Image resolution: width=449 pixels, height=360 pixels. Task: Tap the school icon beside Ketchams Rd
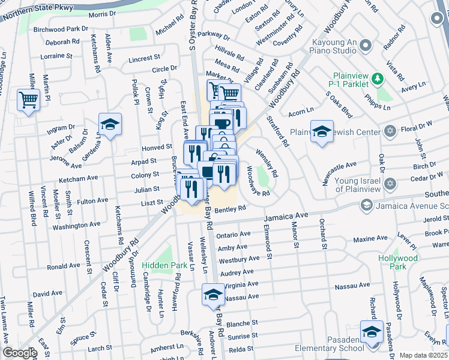110,125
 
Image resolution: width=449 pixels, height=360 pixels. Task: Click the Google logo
20,353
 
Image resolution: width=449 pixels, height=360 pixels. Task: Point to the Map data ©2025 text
423,355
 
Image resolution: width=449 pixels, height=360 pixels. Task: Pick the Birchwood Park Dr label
61,29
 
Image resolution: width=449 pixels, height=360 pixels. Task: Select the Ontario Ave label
234,234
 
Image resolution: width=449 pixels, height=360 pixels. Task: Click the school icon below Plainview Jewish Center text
322,132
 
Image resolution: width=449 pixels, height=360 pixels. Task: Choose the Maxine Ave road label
370,239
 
